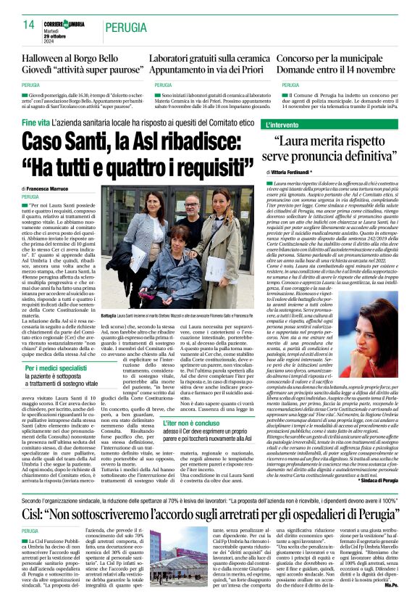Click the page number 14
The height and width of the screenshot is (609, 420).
tap(29, 25)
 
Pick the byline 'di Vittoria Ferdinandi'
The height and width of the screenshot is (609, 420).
tap(314, 171)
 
